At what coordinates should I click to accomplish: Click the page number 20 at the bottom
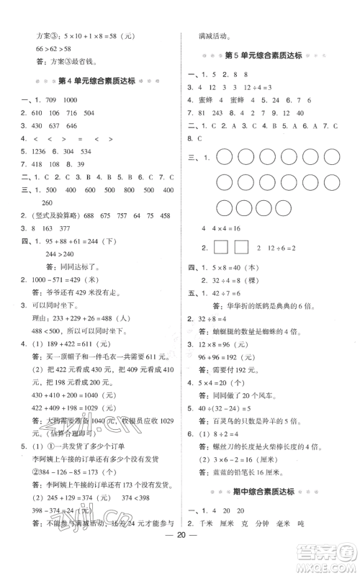click(x=181, y=554)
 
